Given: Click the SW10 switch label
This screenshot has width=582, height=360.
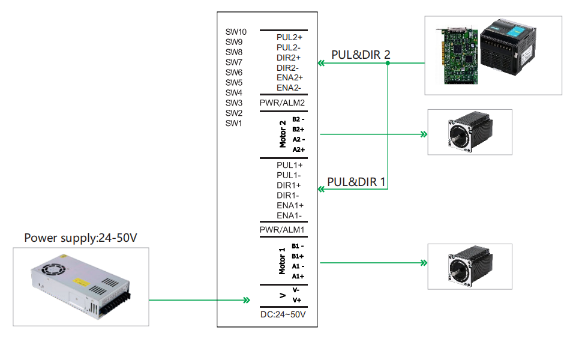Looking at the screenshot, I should tap(236, 32).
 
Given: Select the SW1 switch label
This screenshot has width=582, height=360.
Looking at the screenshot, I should tap(233, 124).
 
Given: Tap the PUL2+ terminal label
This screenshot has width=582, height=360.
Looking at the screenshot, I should tap(289, 37).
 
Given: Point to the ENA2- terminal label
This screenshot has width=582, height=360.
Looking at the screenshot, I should tap(289, 88).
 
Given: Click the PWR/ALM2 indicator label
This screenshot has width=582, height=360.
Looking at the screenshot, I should tap(282, 103).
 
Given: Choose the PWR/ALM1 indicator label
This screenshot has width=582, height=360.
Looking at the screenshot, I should tap(282, 230).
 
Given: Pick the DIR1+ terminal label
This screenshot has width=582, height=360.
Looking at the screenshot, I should tap(289, 185).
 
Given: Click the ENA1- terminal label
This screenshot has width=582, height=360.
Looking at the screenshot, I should tap(289, 215).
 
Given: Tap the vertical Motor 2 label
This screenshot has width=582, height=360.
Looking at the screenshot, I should tap(283, 133).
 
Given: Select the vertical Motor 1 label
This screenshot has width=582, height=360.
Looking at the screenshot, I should tap(283, 260).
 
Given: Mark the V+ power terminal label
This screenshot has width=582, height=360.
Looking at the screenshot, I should tap(296, 300).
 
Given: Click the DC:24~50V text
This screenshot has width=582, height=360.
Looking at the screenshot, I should tap(283, 314).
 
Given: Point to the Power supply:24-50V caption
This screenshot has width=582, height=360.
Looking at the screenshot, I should tap(81, 238).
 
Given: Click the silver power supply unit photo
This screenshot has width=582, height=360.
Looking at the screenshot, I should tap(80, 287).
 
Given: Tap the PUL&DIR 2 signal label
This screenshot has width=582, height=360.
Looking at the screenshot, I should tap(361, 55).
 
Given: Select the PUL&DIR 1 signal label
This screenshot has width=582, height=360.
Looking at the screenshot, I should tap(356, 182).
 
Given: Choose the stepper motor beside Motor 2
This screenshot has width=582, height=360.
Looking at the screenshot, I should tap(472, 133).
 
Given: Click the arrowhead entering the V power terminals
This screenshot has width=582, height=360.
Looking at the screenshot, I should tap(246, 300).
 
